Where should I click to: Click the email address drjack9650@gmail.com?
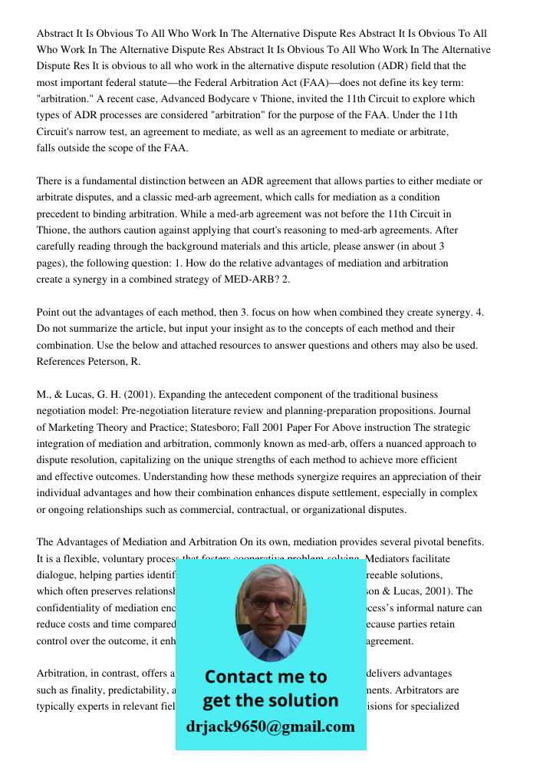pyautogui.click(x=271, y=727)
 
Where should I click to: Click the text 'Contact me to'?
pyautogui.click(x=265, y=677)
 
